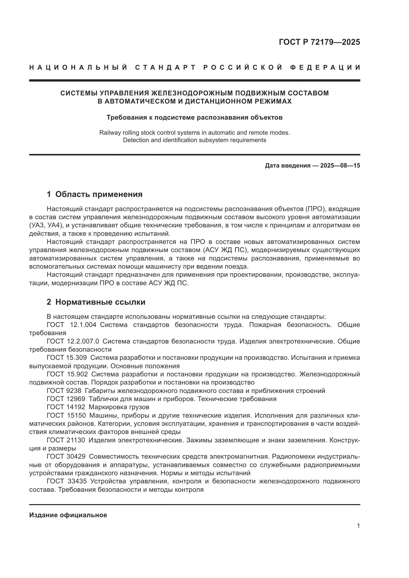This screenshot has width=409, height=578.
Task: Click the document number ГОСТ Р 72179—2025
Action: pos(319,42)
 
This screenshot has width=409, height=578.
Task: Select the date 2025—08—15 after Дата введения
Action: pos(340,166)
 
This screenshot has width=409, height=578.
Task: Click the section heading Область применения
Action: pos(99,194)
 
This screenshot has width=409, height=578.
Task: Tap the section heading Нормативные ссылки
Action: pos(100,302)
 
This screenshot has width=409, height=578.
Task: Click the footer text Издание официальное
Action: pos(68,515)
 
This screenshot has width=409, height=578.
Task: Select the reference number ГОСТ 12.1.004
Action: pos(71,325)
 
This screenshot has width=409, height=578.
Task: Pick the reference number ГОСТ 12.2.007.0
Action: pos(73,341)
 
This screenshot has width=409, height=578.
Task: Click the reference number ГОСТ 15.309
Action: pos(67,358)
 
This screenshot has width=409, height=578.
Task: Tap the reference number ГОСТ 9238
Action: pos(64,391)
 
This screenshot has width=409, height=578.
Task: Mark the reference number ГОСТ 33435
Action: pos(67,481)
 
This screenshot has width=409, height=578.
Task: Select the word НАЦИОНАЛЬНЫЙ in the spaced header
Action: pos(79,67)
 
